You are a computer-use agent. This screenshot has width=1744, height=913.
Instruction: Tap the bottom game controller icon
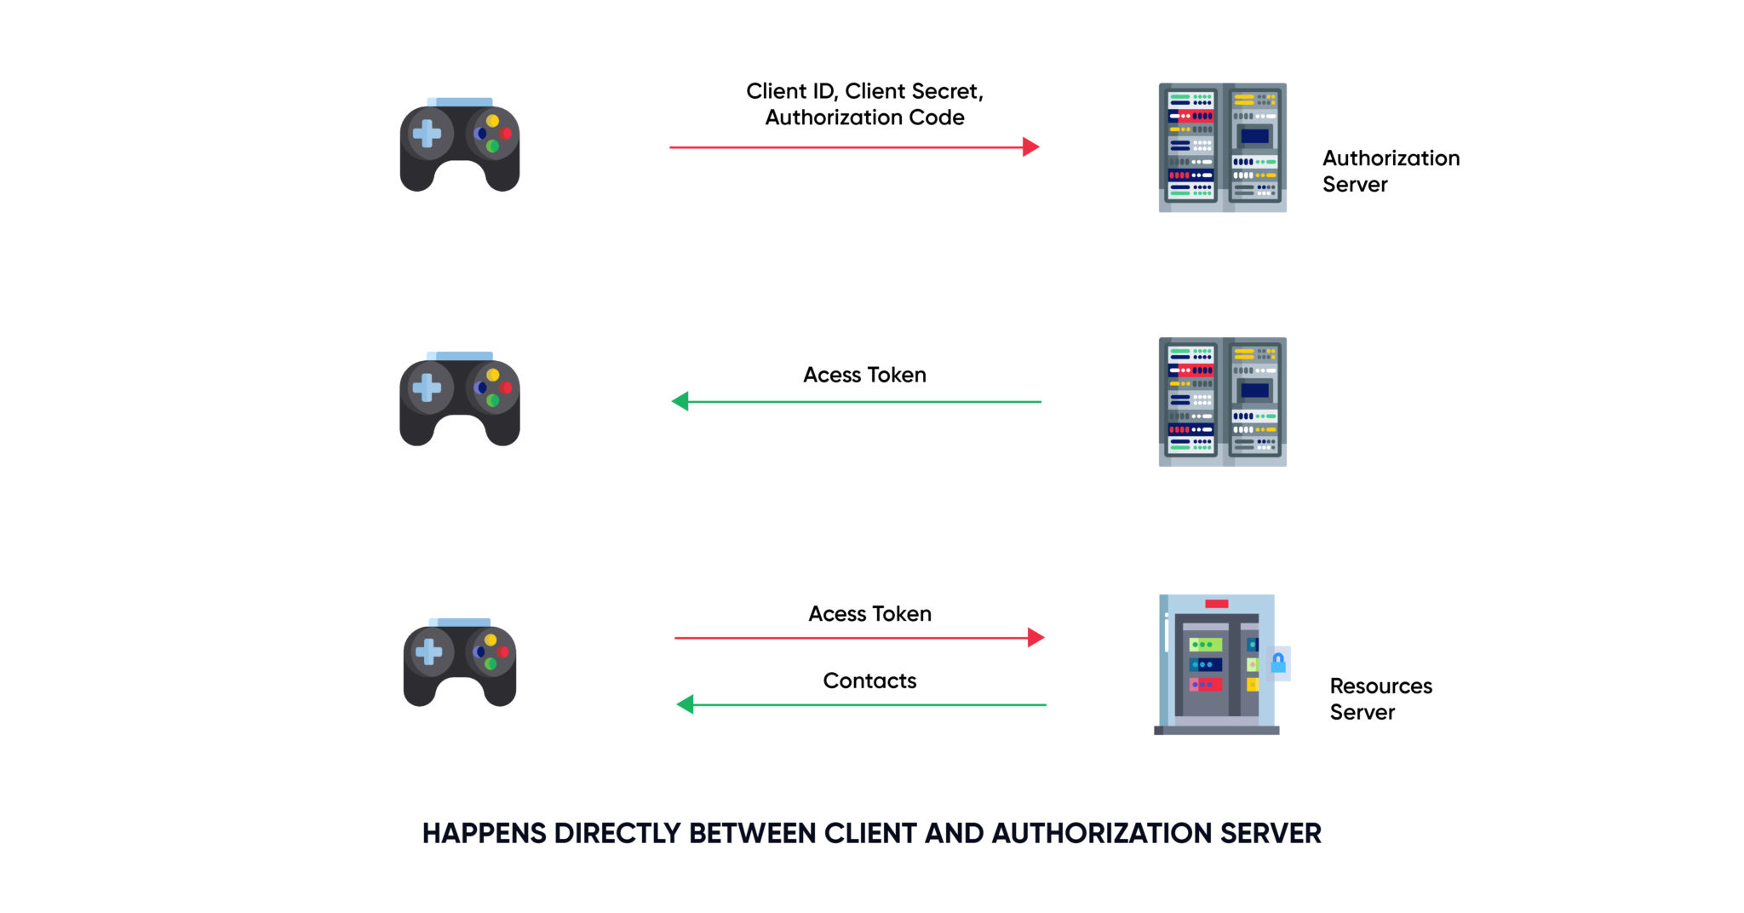point(460,663)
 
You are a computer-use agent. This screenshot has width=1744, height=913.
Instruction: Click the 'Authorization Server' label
point(1390,171)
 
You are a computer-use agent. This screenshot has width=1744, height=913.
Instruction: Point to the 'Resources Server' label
point(1380,698)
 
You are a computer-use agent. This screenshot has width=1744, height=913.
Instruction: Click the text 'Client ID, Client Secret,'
point(864,91)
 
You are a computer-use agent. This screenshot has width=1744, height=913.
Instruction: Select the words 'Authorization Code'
point(864,118)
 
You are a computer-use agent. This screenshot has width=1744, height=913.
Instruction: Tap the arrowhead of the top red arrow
point(1031,147)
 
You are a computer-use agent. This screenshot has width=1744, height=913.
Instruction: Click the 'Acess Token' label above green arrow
point(864,375)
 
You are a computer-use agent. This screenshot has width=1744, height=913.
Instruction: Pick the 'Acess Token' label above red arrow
point(869,614)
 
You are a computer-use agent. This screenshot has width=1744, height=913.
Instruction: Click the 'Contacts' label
point(869,680)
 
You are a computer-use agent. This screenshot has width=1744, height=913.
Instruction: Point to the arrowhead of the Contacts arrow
point(685,704)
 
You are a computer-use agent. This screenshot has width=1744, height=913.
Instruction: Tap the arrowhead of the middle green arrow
point(680,401)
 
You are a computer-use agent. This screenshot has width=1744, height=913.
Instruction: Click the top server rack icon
point(1222,147)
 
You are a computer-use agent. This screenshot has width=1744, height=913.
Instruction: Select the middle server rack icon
point(1222,401)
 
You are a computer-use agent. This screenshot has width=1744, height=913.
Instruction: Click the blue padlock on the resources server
point(1278,663)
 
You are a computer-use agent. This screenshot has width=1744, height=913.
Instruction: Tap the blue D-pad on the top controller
point(426,134)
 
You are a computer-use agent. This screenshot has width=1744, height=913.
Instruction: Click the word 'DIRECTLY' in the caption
point(618,833)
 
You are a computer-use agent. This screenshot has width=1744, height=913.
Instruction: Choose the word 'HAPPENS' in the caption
point(484,833)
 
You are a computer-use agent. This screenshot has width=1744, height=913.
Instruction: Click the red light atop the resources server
point(1216,604)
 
